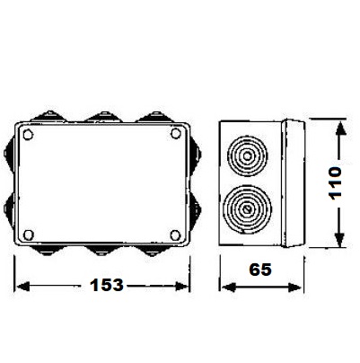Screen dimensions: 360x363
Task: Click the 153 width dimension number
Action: pyautogui.click(x=107, y=285)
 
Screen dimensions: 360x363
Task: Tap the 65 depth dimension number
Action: pyautogui.click(x=260, y=270)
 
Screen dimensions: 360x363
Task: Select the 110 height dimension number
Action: pyautogui.click(x=335, y=183)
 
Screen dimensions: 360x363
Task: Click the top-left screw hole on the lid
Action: pyautogui.click(x=28, y=135)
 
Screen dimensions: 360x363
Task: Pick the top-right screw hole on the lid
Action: pyautogui.click(x=176, y=133)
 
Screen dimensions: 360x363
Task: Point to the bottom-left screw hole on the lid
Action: pyautogui.click(x=29, y=235)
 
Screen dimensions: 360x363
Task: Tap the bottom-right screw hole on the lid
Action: pyautogui.click(x=175, y=235)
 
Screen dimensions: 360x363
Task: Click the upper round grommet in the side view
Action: pyautogui.click(x=247, y=156)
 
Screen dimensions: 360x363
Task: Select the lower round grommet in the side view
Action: pyautogui.click(x=247, y=209)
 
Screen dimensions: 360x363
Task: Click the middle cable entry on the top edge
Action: pyautogui.click(x=103, y=117)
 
